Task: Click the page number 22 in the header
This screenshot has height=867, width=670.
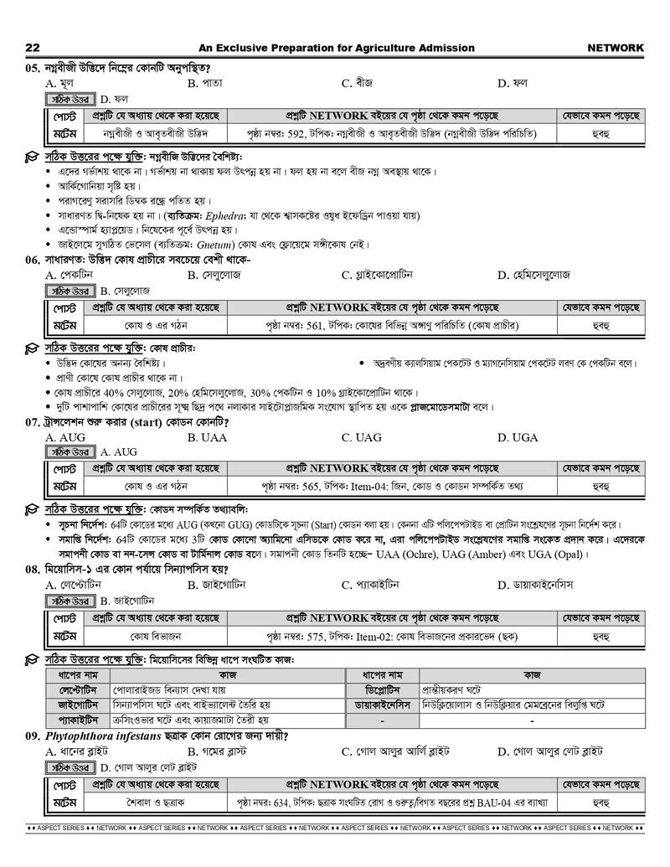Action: pyautogui.click(x=33, y=48)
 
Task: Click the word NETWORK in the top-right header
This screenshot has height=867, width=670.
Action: pyautogui.click(x=616, y=48)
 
